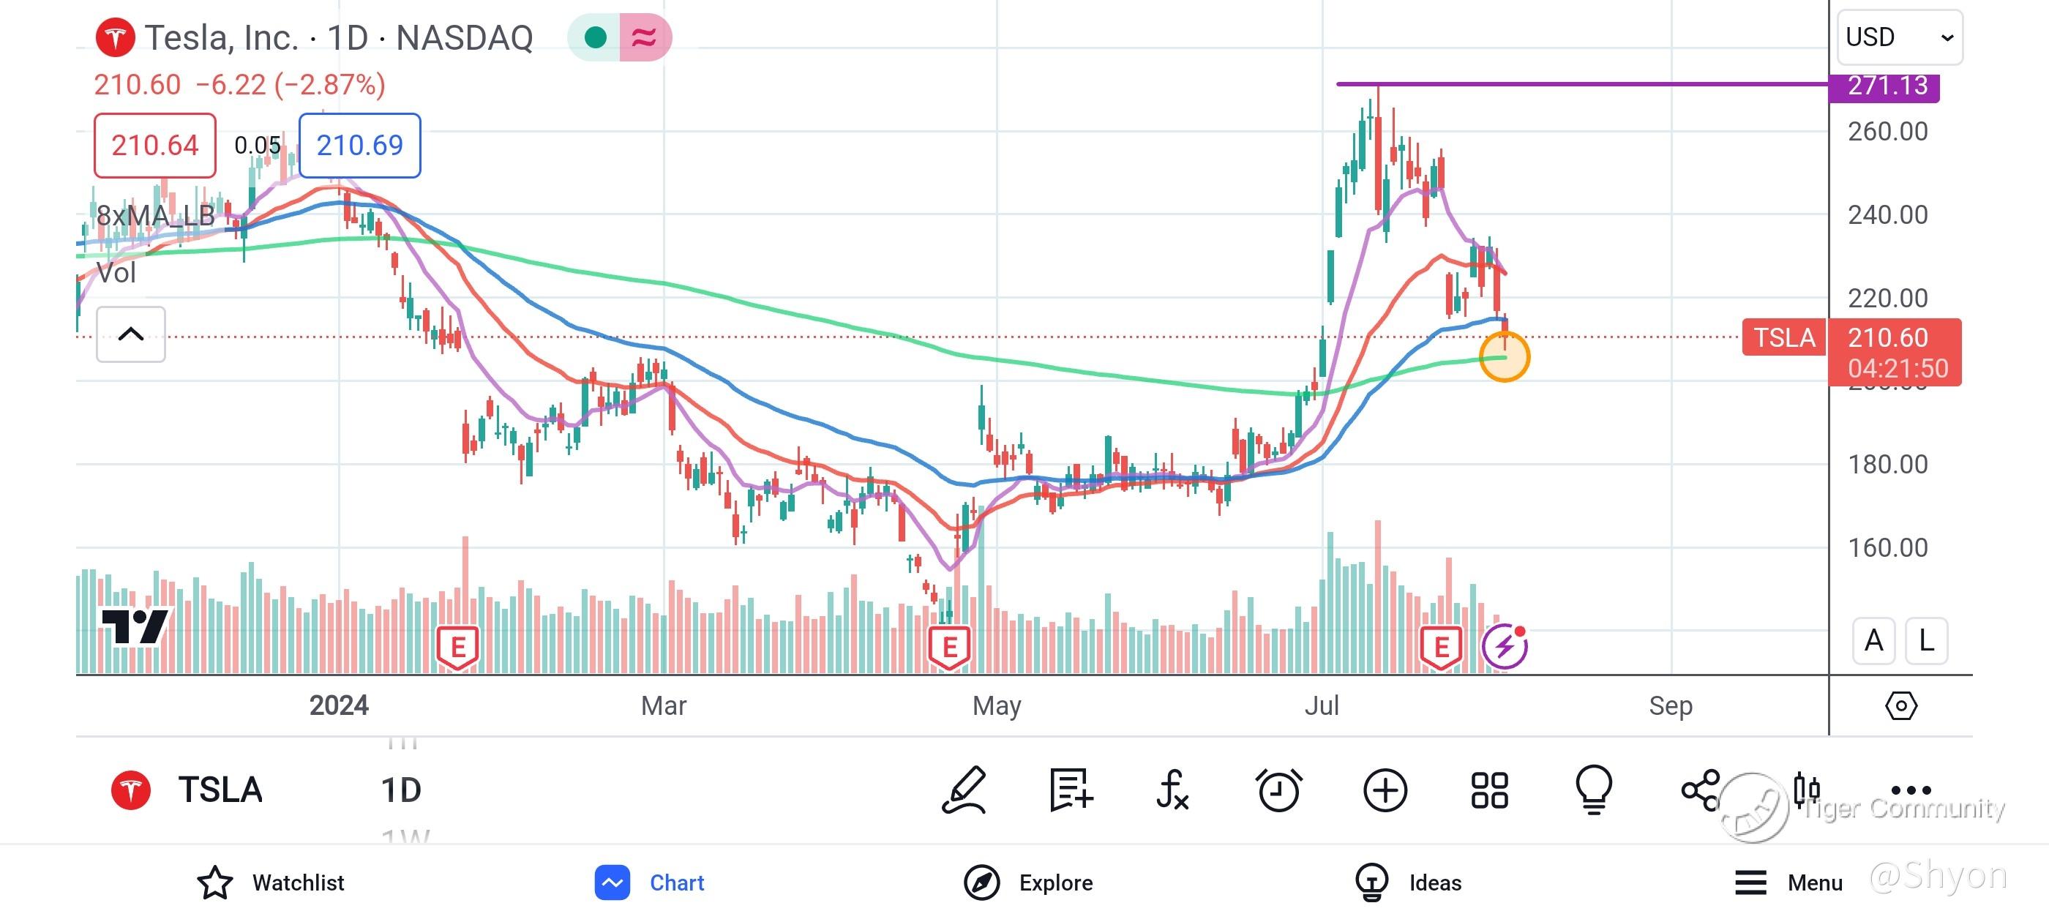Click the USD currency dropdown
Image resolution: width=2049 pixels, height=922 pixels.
[1899, 37]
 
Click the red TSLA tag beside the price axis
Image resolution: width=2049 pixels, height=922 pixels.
[1783, 337]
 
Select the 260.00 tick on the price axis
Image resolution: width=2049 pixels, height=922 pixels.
[1887, 131]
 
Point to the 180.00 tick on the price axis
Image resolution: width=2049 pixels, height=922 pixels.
[1887, 464]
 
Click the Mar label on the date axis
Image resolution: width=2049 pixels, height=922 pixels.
[664, 705]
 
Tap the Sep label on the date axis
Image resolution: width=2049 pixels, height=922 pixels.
[1670, 705]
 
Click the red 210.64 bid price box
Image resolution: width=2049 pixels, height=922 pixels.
[154, 146]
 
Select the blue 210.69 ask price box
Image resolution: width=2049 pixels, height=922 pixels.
[359, 146]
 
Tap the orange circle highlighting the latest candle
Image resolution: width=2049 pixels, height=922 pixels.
[1503, 357]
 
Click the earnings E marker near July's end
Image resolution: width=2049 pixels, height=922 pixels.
[1440, 647]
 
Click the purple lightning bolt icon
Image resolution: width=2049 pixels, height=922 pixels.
[1503, 646]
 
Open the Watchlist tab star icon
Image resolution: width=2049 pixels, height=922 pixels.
[214, 882]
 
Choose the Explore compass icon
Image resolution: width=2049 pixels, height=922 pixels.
[981, 882]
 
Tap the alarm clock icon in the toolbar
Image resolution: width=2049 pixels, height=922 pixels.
[1278, 790]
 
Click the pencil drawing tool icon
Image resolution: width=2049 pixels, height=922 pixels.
[964, 790]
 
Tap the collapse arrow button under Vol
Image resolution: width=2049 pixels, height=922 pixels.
[130, 334]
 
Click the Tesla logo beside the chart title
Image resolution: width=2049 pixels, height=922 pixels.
[116, 37]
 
